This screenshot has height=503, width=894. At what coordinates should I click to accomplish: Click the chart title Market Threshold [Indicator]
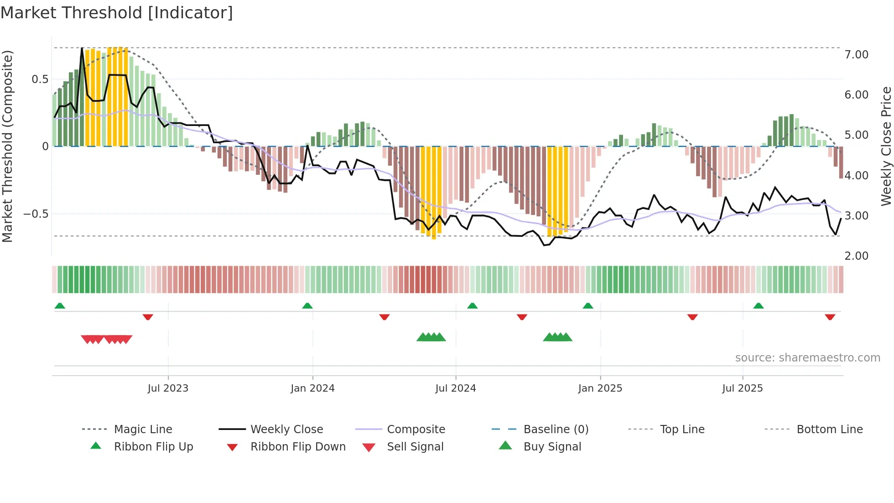tap(117, 13)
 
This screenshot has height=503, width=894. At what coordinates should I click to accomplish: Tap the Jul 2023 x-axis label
tap(168, 388)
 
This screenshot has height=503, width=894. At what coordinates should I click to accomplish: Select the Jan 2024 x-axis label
tap(312, 388)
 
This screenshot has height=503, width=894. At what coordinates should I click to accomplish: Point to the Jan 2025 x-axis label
tap(600, 388)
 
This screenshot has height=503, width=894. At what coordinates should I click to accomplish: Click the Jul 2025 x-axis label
tap(742, 388)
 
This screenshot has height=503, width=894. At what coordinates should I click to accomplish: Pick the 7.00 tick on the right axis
tap(856, 55)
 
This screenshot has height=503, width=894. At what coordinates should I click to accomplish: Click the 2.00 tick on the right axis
tap(856, 256)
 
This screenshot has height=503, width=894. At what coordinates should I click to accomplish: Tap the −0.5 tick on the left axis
tap(36, 214)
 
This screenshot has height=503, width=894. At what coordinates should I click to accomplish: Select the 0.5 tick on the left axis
tap(40, 79)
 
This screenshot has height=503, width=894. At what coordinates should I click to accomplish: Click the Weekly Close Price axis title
tap(886, 146)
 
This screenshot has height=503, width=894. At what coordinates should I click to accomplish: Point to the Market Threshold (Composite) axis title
tap(7, 146)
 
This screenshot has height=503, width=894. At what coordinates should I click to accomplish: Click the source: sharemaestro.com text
tap(807, 358)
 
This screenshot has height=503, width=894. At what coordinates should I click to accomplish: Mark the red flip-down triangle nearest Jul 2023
tap(148, 317)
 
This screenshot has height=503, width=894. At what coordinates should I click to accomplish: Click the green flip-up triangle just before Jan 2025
tap(588, 306)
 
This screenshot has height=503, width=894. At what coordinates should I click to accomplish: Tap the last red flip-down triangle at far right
tap(830, 317)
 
